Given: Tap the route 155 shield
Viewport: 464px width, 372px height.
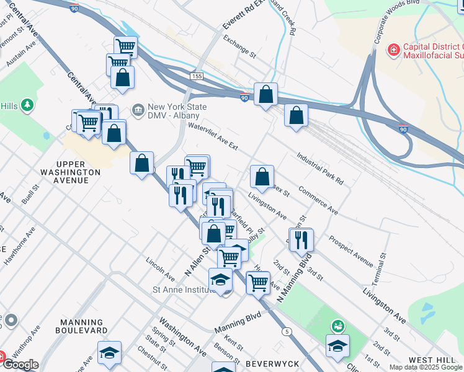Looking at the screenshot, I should pos(197,76).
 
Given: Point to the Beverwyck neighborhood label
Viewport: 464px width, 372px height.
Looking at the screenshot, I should pos(272,363).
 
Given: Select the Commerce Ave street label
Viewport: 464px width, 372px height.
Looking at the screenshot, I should pos(318,201).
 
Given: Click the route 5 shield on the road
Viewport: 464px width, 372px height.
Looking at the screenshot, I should pos(286,332).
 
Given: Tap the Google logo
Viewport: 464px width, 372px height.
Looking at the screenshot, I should pos(20,364).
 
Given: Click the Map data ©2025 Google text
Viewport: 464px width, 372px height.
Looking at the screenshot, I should pos(425,367).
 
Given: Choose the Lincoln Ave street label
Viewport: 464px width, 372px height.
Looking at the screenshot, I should pos(159,269).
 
